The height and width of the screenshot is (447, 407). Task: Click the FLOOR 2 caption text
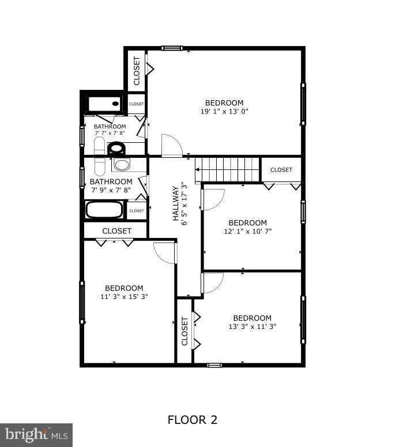point(193,419)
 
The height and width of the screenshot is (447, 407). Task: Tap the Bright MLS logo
point(36,434)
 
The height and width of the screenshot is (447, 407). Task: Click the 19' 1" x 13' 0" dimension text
point(225,112)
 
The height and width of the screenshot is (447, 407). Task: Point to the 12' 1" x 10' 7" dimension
point(248,232)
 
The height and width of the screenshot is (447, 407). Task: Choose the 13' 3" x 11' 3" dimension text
point(253,327)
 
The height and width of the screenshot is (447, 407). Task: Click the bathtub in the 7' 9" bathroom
point(104,210)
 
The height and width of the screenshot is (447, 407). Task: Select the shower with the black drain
point(105,104)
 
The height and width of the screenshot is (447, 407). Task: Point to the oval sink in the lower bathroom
point(122,164)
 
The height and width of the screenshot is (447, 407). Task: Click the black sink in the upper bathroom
point(116,149)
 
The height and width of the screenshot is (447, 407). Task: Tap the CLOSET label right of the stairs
point(281,170)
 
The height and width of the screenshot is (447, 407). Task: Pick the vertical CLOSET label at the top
point(137,70)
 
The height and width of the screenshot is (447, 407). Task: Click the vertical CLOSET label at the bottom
point(184,331)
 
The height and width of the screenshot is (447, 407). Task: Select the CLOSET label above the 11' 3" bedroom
point(117,230)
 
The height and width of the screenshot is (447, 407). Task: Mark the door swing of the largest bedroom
point(171,145)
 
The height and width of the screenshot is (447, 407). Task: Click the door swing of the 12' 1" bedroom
point(213,199)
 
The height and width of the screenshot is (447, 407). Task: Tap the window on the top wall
point(171,48)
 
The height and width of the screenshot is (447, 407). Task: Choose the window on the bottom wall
point(214,365)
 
